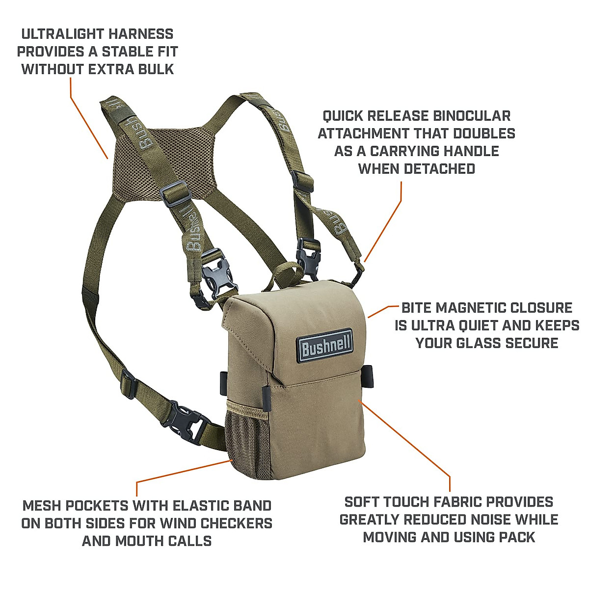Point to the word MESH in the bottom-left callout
pyautogui.click(x=42, y=506)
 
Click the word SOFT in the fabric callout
pyautogui.click(x=363, y=502)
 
